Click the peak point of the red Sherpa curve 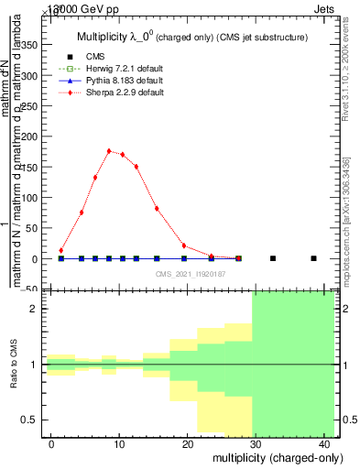[109, 151]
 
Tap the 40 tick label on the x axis [326, 444]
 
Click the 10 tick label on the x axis [119, 444]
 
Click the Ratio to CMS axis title [14, 365]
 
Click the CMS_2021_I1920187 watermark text [190, 274]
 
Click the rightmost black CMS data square [313, 258]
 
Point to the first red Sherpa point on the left [61, 250]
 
